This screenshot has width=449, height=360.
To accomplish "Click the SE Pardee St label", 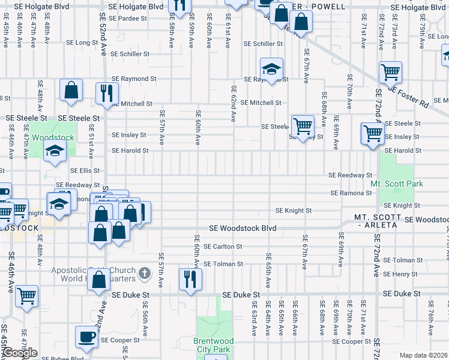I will (128, 19).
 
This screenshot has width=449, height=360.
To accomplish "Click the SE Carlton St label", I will (223, 247).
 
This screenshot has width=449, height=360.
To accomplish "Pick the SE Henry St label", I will (400, 274).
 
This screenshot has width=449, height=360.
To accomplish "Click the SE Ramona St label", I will (351, 193).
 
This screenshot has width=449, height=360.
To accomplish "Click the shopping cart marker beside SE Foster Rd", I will (390, 73).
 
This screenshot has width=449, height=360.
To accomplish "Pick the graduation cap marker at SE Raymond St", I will (271, 70).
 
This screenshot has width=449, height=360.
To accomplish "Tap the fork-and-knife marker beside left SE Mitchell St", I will (107, 93).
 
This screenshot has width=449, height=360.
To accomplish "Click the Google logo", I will (19, 353).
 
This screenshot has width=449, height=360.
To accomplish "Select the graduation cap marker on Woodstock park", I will (55, 152).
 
